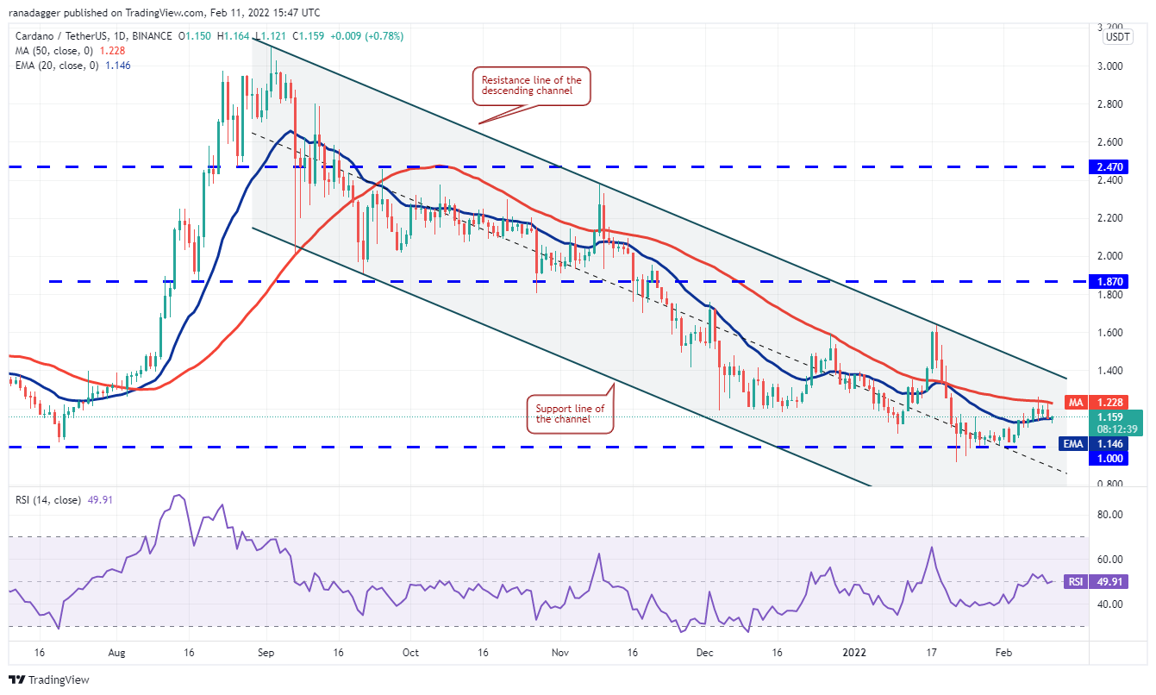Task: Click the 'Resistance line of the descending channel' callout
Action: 531,86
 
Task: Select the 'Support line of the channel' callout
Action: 570,414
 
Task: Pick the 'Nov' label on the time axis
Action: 560,654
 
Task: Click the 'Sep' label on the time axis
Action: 266,654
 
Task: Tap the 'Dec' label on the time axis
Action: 705,654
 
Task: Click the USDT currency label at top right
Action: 1118,36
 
